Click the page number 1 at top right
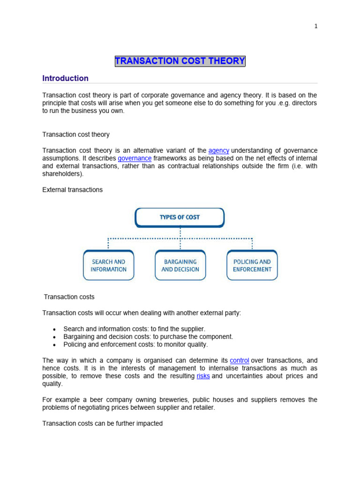[x=316, y=26]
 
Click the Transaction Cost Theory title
[x=180, y=61]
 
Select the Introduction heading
[x=65, y=78]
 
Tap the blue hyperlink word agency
[x=219, y=150]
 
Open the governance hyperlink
[x=135, y=158]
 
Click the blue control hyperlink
[x=240, y=360]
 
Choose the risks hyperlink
[x=203, y=376]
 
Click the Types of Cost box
[x=180, y=217]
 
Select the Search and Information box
[x=108, y=265]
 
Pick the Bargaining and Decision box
[x=180, y=265]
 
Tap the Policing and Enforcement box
[x=252, y=265]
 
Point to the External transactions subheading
[x=72, y=190]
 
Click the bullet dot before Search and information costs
[x=55, y=330]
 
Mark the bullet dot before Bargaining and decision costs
[x=55, y=337]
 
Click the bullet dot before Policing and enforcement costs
[x=55, y=345]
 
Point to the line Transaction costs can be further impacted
[x=102, y=423]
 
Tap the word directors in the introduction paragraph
[x=304, y=103]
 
